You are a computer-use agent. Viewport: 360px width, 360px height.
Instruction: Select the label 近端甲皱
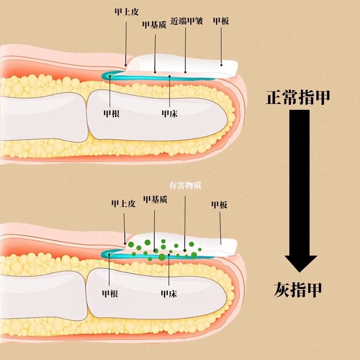[187, 21]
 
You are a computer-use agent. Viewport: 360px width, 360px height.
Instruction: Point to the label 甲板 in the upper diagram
[221, 21]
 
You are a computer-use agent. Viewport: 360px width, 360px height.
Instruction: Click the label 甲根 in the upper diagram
[111, 114]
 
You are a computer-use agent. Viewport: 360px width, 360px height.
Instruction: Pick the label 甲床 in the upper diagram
[170, 114]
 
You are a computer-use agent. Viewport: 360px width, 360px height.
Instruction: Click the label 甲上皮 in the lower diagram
[123, 204]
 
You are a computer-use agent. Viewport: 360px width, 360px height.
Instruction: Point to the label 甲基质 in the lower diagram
[155, 199]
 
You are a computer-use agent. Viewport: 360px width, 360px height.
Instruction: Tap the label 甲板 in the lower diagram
[219, 205]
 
